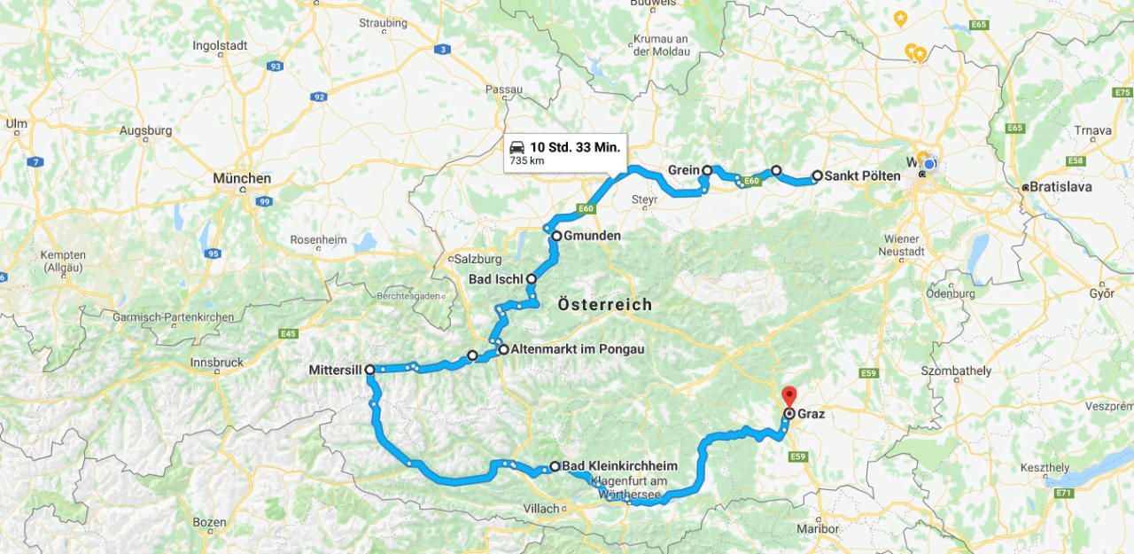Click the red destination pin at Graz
click(x=788, y=395)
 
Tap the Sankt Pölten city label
click(x=862, y=176)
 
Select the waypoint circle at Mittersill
click(x=369, y=370)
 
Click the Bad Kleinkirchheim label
click(x=619, y=466)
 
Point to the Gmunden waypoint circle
click(x=556, y=236)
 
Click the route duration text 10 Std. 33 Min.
click(x=575, y=146)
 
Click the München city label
click(x=241, y=178)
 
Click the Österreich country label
click(x=605, y=305)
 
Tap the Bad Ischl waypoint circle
click(x=532, y=278)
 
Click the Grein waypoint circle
click(x=707, y=170)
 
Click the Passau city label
click(x=504, y=90)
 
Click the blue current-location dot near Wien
click(x=928, y=165)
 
